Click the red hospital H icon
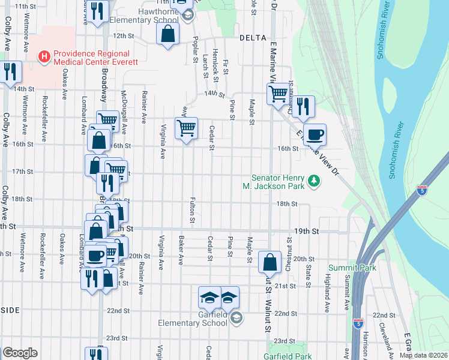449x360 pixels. coord(44,57)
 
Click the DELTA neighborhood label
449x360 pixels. coord(252,37)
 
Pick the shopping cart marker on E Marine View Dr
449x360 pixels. coord(278,94)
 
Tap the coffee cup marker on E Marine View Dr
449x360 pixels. coord(315,134)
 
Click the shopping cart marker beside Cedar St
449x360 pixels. coord(186,127)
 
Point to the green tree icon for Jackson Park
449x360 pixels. coord(313,180)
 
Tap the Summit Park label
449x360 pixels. coord(352,267)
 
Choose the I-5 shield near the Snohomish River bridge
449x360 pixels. coord(423,190)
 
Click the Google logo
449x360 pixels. coord(20,353)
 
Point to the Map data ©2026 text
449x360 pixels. coord(423,355)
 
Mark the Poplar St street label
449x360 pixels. coord(196,52)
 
